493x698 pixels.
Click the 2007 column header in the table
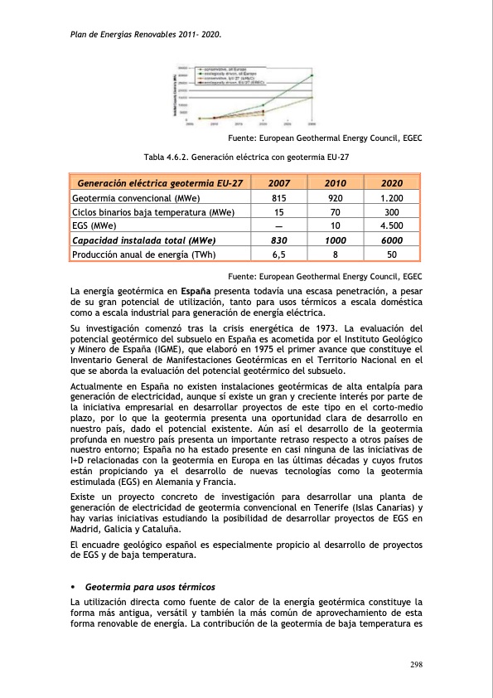point(279,183)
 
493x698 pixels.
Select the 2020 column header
point(391,183)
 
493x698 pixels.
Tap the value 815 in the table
point(279,199)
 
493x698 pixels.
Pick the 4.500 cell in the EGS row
point(391,225)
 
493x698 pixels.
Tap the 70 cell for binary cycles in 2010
point(335,212)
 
